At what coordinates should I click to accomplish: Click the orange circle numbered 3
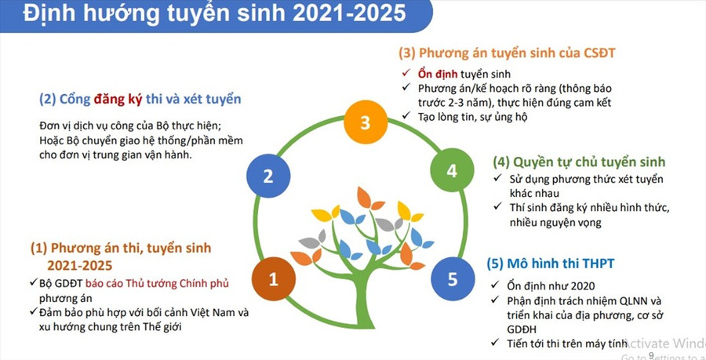click(364, 123)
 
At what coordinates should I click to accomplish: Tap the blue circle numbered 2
click(267, 176)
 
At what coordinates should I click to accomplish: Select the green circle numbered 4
click(451, 170)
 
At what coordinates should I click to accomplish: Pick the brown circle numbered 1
click(273, 278)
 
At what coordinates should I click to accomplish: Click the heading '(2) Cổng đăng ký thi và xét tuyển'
click(140, 100)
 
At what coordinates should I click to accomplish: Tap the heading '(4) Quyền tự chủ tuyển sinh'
click(579, 162)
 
